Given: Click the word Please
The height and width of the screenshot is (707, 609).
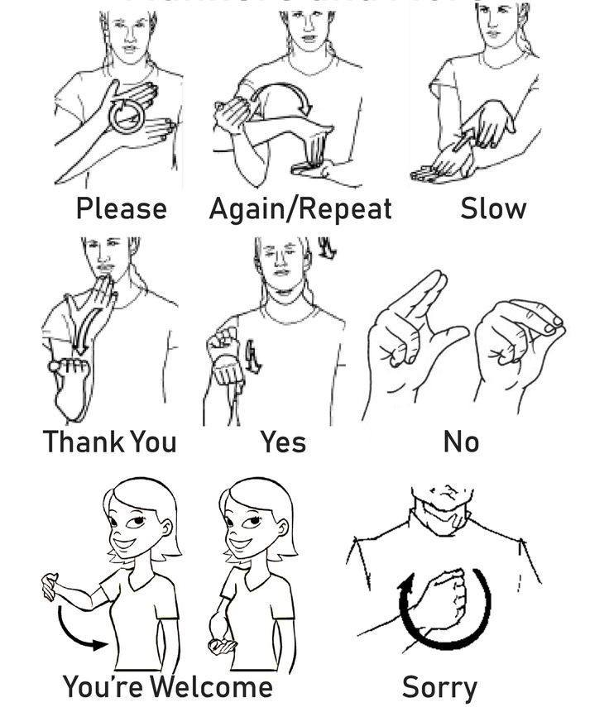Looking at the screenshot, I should [121, 208].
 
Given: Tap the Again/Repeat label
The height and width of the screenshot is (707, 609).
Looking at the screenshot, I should [300, 208].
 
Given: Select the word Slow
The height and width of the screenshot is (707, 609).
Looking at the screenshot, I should [492, 208].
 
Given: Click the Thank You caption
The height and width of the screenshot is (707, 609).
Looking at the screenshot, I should [109, 442].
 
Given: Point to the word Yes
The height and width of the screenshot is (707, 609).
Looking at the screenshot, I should [284, 442].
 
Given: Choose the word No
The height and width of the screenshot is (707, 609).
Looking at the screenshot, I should [461, 442].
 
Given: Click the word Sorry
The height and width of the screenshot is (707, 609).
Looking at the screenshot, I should [439, 687].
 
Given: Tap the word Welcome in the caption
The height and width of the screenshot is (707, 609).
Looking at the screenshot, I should [212, 686].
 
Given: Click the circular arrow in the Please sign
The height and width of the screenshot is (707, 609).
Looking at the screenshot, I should [127, 117].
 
